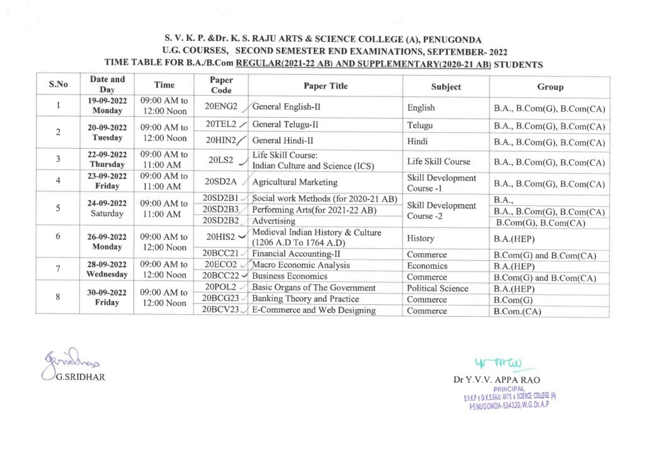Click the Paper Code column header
tap(221, 85)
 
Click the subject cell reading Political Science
tap(438, 288)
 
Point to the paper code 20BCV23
tap(221, 310)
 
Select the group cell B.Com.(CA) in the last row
tap(518, 311)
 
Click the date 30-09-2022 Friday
tap(107, 297)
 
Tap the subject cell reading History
tap(421, 239)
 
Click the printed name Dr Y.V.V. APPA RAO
tap(496, 380)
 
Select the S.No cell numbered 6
tap(58, 236)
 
